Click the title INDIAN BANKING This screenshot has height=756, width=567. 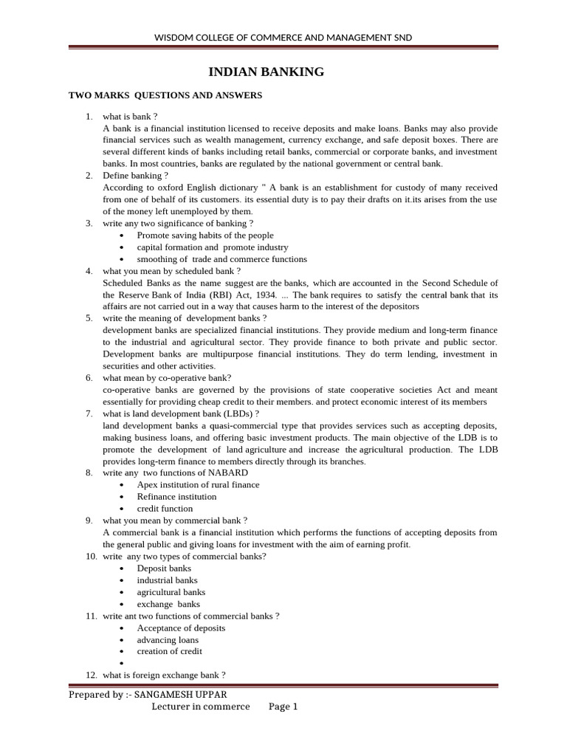click(267, 72)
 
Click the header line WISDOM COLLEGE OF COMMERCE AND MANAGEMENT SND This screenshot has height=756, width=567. click(283, 37)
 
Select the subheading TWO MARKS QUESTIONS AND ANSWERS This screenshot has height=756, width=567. click(165, 95)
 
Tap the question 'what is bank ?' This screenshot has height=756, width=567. click(130, 116)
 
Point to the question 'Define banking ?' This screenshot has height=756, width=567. click(135, 175)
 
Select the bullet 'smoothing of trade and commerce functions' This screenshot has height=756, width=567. click(221, 259)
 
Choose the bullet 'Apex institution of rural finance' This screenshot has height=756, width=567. click(198, 484)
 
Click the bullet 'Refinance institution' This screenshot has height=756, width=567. click(176, 496)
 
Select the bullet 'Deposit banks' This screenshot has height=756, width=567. click(164, 568)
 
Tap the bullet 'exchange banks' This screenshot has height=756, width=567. click(168, 604)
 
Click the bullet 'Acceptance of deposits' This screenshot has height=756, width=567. click(181, 628)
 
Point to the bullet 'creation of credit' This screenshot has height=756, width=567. click(169, 651)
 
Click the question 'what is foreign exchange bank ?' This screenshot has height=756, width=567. click(164, 675)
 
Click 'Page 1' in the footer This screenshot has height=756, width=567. click(283, 707)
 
